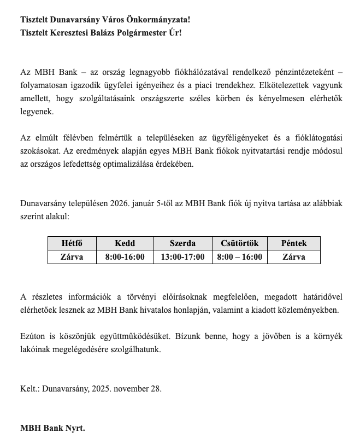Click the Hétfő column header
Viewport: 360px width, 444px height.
(72, 243)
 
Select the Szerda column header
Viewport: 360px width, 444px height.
(182, 243)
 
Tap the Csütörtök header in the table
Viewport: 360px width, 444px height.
(239, 243)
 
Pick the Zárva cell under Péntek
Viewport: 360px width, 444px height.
(293, 256)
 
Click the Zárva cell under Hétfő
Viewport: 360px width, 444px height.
(72, 256)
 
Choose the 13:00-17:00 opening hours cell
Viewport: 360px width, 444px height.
(182, 256)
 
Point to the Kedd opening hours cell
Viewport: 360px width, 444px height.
(125, 256)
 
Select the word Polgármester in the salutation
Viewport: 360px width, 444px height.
(134, 33)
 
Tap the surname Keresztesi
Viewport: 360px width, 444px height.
(73, 33)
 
